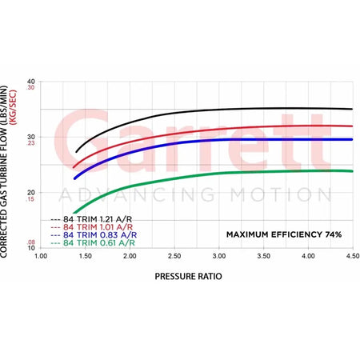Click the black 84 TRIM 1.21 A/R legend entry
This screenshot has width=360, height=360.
91,219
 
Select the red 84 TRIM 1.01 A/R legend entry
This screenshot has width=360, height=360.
91,227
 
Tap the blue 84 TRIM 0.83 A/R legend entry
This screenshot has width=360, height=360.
94,235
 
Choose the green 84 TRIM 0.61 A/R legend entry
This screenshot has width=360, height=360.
93,243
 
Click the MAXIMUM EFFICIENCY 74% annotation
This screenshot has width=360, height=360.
284,234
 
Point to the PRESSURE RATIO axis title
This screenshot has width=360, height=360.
188,276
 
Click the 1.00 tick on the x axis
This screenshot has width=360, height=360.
41,256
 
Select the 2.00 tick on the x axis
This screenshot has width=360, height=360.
130,256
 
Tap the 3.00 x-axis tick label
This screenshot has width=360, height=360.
219,256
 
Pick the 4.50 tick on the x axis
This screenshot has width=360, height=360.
353,256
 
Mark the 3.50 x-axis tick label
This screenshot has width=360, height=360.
264,256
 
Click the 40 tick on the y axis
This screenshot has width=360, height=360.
31,82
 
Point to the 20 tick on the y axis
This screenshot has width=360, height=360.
31,193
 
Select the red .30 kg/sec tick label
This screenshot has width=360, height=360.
30,87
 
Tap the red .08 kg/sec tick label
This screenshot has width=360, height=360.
31,242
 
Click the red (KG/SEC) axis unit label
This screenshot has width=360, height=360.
13,107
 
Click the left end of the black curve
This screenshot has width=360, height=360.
77,152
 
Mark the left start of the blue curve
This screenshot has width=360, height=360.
74,178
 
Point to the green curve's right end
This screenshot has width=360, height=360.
352,171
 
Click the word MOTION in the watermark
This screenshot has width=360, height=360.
282,194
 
